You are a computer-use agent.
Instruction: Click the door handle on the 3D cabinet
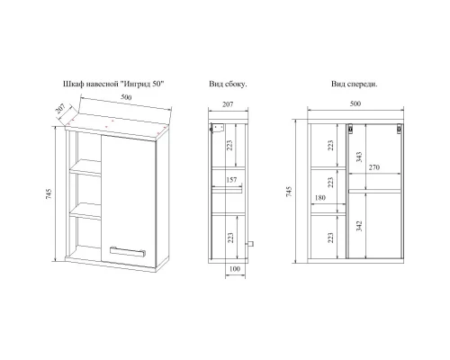(128, 251)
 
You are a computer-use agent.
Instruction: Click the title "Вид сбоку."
(228, 85)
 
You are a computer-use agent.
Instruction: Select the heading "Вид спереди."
(355, 85)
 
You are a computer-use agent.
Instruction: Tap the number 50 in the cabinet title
(157, 84)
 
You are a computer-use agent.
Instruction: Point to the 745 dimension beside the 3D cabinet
(49, 193)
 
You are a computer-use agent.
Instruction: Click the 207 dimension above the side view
(228, 104)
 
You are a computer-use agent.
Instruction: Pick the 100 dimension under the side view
(235, 269)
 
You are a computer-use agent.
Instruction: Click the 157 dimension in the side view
(231, 180)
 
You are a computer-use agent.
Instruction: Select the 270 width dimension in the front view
(374, 167)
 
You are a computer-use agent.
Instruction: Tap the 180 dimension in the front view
(320, 198)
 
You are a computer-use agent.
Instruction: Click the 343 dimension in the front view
(359, 157)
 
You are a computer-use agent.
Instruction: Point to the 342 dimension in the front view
(359, 226)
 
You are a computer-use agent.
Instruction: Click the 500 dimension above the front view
(355, 103)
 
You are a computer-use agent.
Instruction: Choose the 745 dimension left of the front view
(289, 192)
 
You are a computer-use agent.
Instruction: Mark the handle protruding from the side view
(249, 244)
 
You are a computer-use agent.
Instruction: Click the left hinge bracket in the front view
(350, 130)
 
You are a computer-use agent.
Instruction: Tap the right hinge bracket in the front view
(399, 130)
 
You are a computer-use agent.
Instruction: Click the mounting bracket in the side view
(217, 128)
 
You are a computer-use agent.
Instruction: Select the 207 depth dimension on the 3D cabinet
(60, 109)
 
